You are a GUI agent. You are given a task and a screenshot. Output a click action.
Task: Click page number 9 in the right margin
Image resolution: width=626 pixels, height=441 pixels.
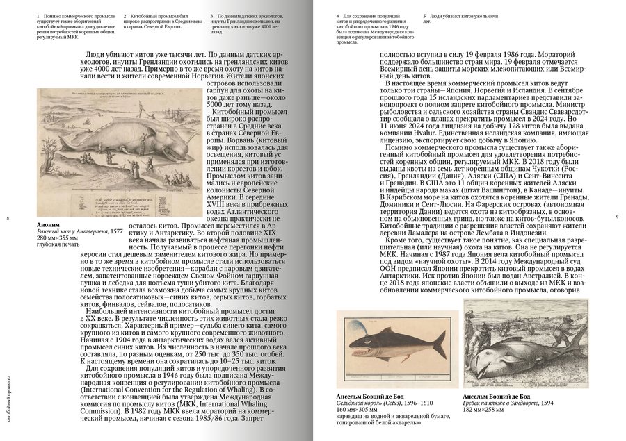(618, 219)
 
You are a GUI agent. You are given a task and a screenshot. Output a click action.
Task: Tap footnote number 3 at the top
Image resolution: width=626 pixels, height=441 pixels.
(212, 15)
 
